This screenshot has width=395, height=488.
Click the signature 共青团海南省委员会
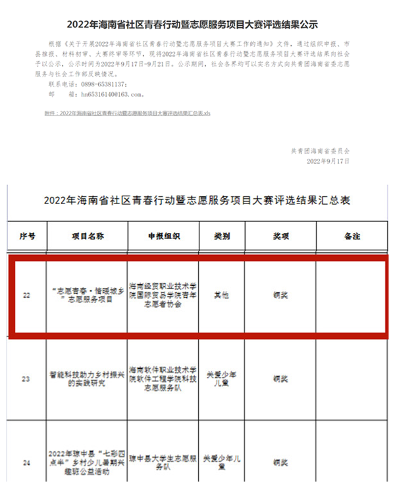[x=325, y=150]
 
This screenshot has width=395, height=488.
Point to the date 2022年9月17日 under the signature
[x=329, y=161]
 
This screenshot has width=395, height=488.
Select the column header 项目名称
[x=86, y=234]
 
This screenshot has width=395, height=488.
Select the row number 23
[x=26, y=379]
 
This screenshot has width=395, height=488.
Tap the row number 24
[x=26, y=463]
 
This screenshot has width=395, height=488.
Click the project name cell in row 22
[x=86, y=295]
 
